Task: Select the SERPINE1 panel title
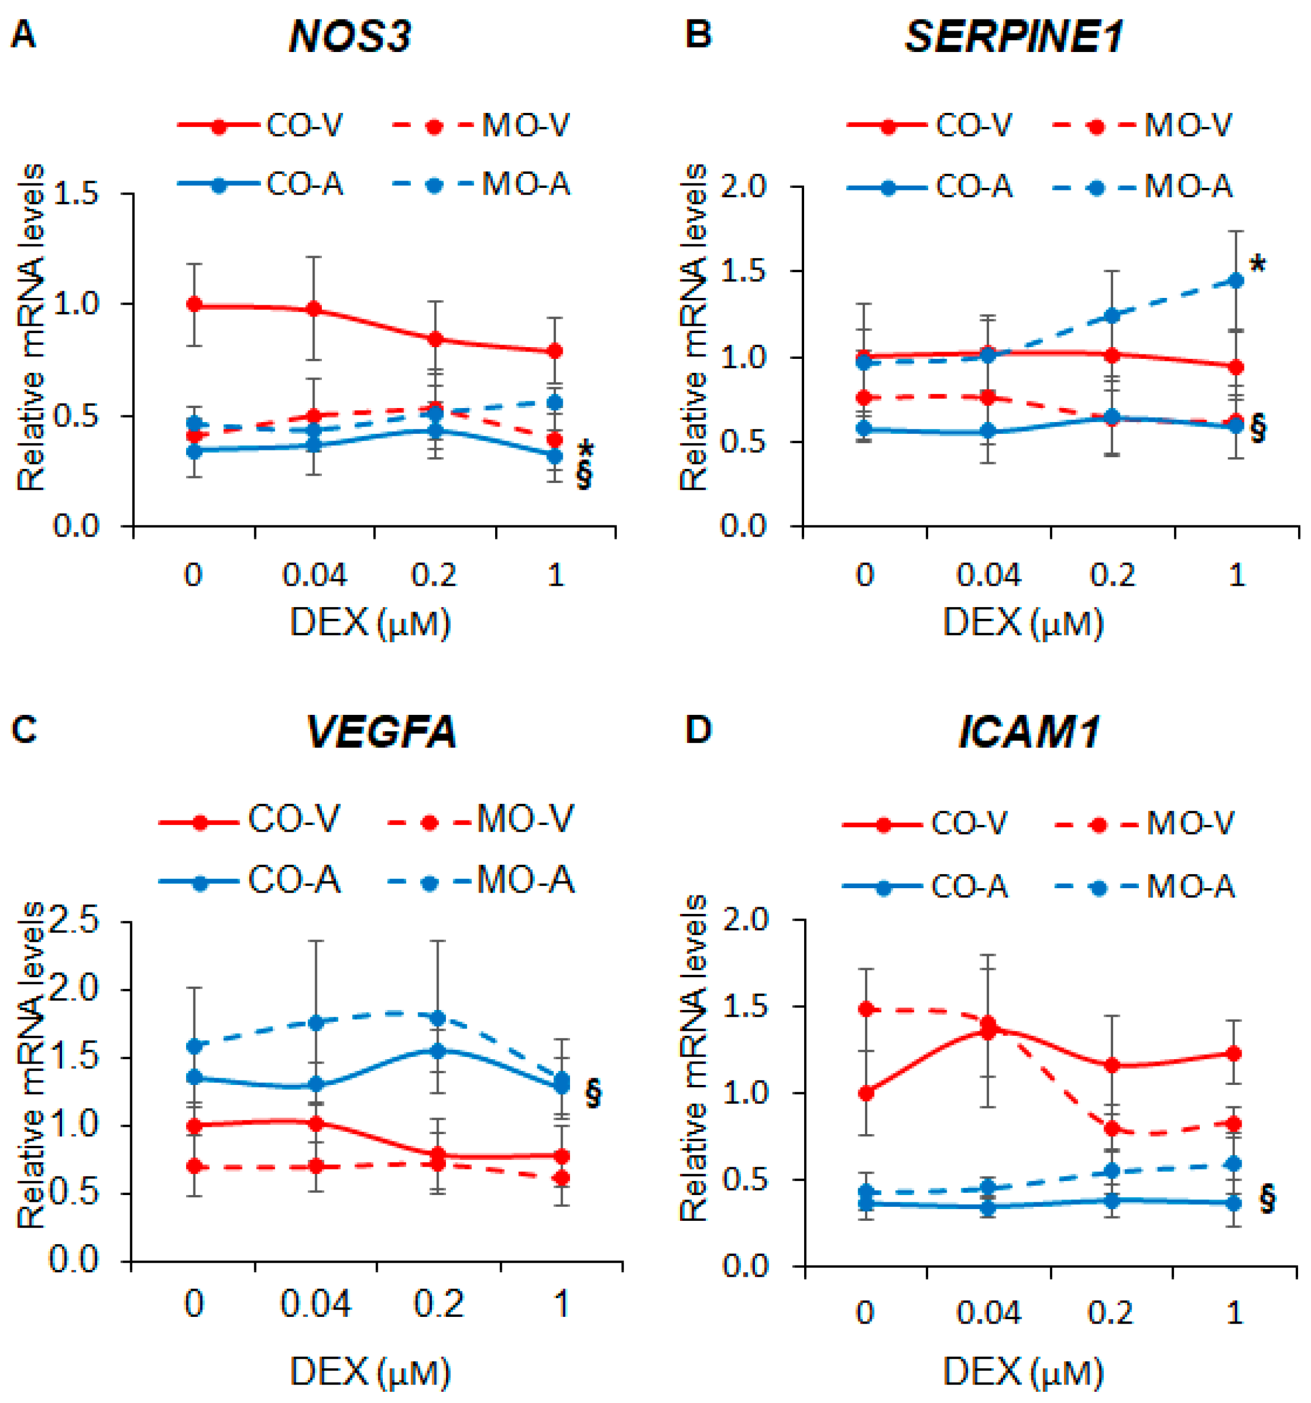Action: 1014,37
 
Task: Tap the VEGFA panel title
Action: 382,732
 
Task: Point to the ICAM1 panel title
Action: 1029,732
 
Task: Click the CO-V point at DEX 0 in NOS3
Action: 194,305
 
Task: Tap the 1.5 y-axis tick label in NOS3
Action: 76,194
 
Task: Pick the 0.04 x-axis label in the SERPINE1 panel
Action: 988,575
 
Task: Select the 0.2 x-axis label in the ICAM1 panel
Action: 1110,1312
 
